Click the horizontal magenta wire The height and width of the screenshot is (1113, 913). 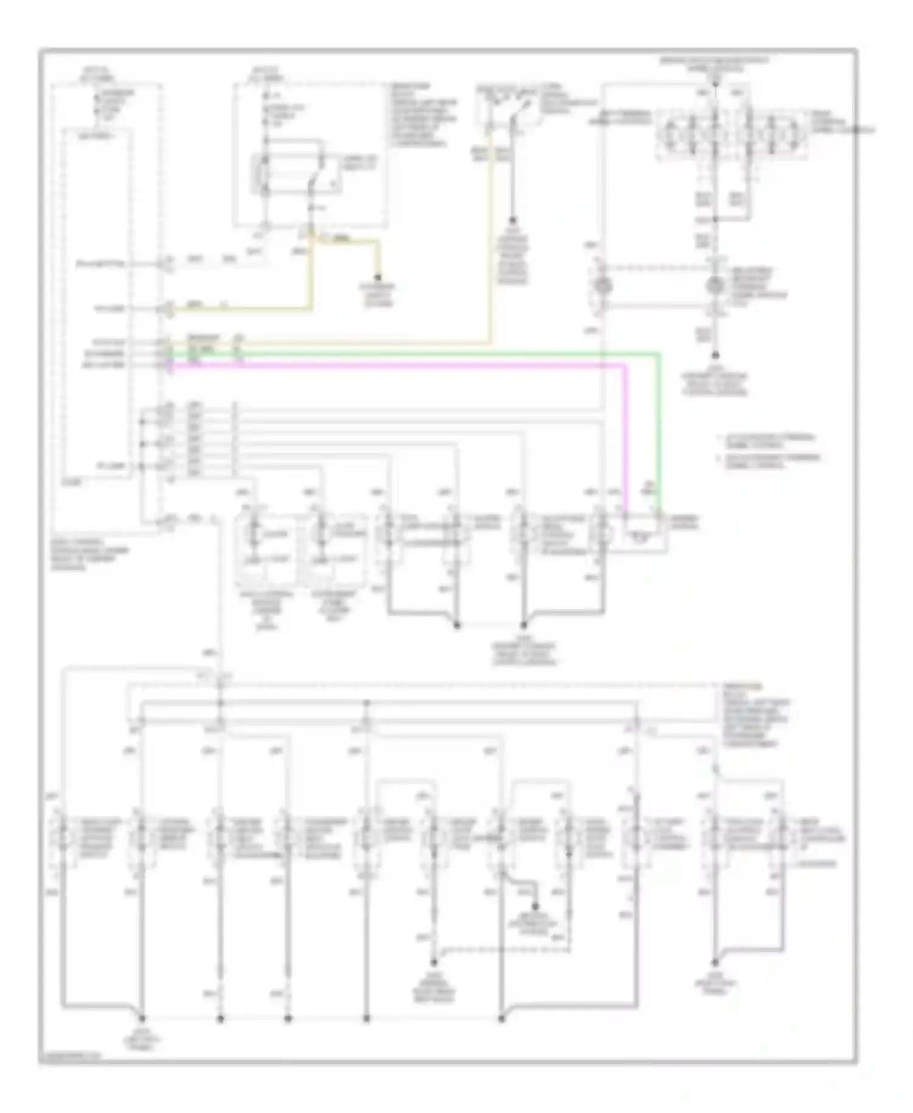(396, 365)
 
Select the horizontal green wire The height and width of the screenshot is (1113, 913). (414, 353)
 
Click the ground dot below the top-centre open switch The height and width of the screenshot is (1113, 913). (513, 220)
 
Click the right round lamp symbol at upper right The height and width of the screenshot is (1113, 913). (715, 285)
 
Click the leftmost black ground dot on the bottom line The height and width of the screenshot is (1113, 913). (142, 1018)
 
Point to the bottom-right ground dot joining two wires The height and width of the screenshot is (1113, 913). (716, 963)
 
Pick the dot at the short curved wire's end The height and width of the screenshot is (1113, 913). (536, 907)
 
